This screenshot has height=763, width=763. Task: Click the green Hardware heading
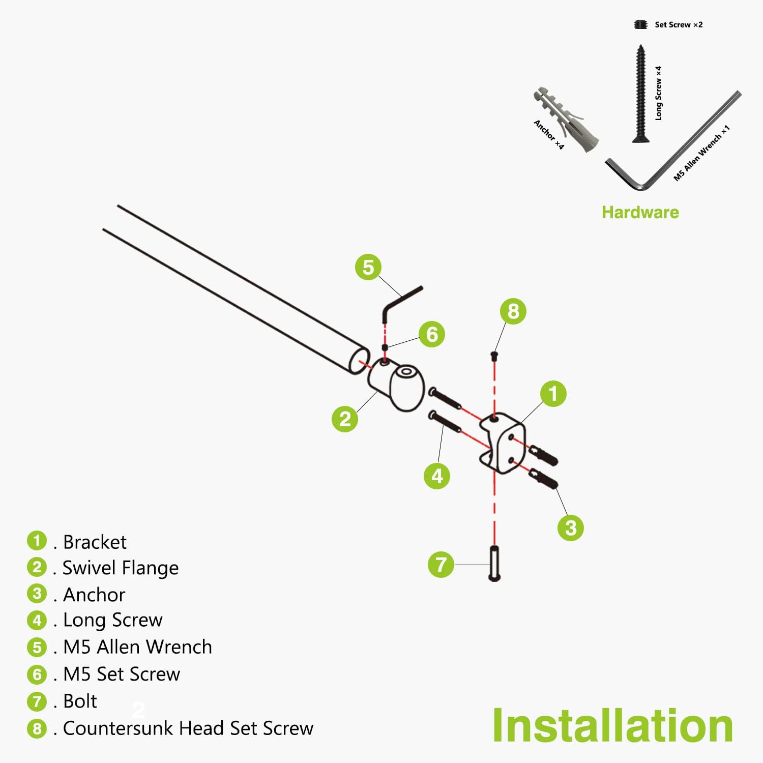click(x=640, y=212)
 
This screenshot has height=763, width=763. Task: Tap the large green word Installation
click(x=612, y=726)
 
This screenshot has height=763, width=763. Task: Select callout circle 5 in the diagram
click(x=368, y=267)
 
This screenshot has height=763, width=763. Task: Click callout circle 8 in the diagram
click(x=513, y=311)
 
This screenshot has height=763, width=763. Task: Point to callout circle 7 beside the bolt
click(x=441, y=564)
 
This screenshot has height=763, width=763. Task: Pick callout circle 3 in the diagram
click(x=571, y=527)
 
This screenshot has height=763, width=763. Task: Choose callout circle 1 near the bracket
click(x=553, y=393)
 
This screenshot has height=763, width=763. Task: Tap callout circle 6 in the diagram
click(x=432, y=334)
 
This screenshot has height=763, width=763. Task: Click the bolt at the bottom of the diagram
click(x=494, y=564)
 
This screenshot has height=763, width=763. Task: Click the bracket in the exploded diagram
click(x=503, y=442)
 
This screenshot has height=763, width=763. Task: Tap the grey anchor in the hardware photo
click(x=566, y=120)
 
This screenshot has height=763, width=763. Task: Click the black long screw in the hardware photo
click(x=640, y=94)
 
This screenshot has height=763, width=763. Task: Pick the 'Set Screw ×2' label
click(x=679, y=24)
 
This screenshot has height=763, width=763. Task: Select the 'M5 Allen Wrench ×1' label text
click(x=702, y=153)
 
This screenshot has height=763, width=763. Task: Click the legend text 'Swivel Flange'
click(x=121, y=568)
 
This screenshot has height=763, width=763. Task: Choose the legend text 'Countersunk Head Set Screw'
click(x=188, y=728)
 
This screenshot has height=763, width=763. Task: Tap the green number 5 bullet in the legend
click(x=37, y=647)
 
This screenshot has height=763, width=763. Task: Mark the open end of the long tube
click(x=359, y=360)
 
